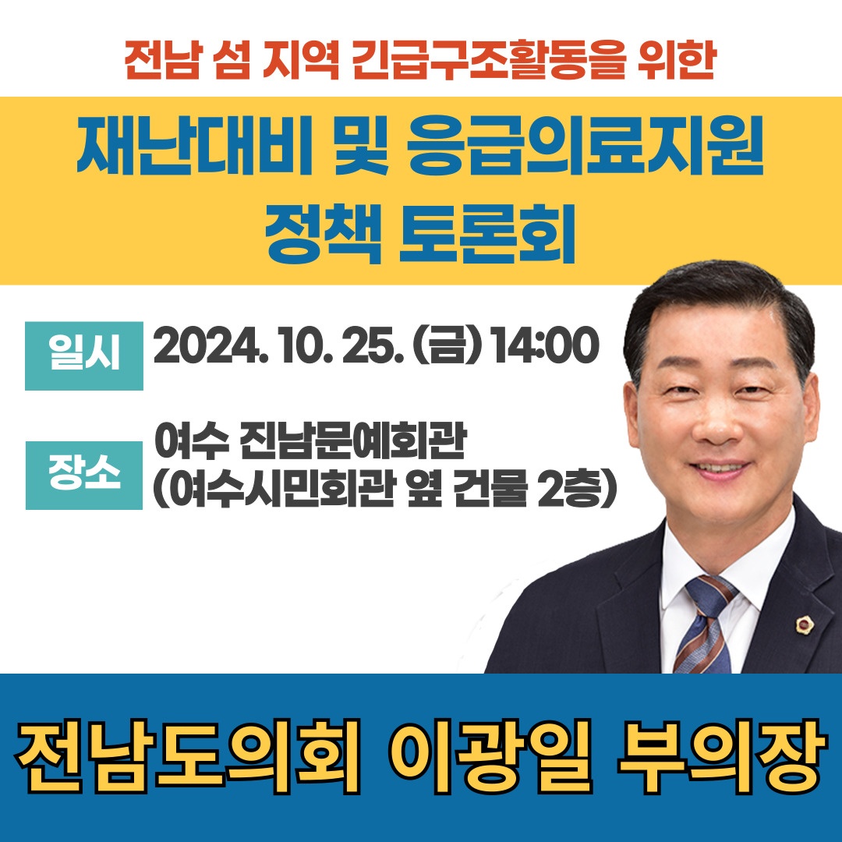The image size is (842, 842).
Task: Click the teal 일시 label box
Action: (84, 356)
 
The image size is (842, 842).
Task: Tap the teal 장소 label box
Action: (84, 476)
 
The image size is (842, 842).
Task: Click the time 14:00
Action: (545, 347)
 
